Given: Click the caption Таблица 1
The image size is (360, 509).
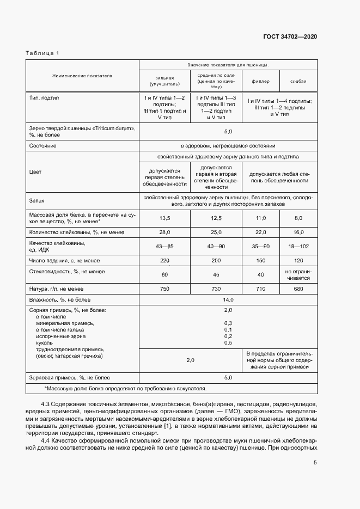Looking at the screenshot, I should (x=42, y=53).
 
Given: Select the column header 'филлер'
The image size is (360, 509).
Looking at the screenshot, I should (x=260, y=81).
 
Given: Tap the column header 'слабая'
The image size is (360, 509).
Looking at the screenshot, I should (x=298, y=81).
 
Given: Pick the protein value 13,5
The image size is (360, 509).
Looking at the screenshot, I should (x=164, y=218).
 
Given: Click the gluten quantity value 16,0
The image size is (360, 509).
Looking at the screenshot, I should (x=298, y=232).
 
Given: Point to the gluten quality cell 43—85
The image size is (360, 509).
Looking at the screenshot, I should (x=164, y=246).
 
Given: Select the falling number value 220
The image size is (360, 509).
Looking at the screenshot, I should (x=164, y=261).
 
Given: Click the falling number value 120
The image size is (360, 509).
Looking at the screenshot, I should (x=298, y=261).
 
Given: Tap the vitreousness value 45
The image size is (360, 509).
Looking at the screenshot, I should (x=216, y=274).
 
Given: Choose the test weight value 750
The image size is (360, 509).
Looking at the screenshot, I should (x=164, y=289).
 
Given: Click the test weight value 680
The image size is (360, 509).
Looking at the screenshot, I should (x=298, y=289).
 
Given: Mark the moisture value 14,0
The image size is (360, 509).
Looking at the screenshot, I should (x=228, y=299).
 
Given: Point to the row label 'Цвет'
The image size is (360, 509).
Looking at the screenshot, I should (x=35, y=172).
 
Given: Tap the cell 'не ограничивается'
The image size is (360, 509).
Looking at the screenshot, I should (x=298, y=274).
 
